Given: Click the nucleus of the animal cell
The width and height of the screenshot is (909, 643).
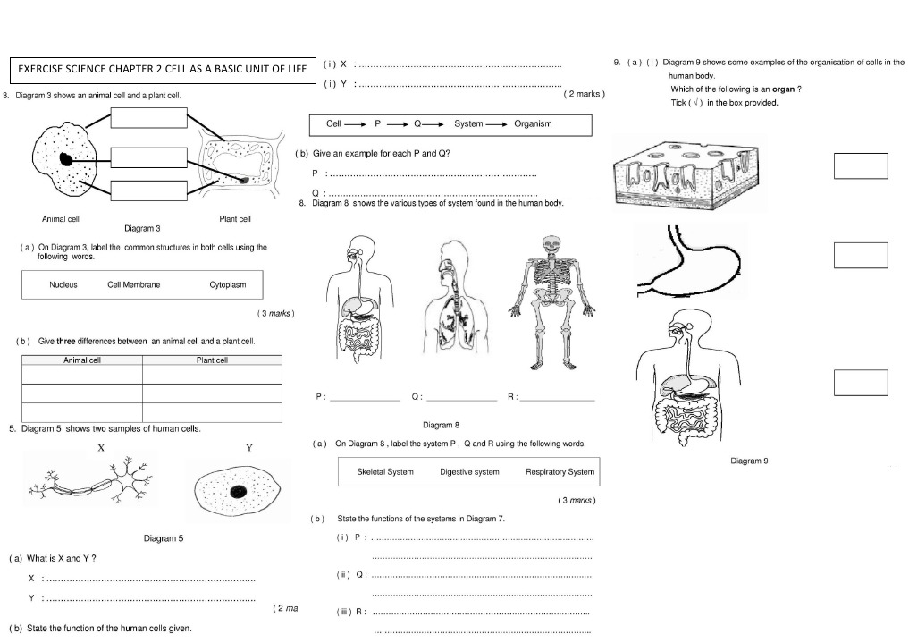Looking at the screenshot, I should point(67,160).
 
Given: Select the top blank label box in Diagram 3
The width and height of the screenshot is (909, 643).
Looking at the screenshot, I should point(149,119).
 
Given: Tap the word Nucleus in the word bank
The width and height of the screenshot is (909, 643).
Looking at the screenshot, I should point(63,285).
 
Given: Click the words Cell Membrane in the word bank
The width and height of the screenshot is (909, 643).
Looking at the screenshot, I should point(134,285).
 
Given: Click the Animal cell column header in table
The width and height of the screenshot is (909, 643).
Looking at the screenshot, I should point(82,360).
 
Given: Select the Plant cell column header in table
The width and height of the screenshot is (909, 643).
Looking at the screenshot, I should point(212,360).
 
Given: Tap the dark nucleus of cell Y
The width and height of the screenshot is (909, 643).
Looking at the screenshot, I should point(239,492).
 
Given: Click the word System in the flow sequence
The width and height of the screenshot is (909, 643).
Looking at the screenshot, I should point(468,124).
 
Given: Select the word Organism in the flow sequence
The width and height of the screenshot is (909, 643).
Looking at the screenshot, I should point(533,124).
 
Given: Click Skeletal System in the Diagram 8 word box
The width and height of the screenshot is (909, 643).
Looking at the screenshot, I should point(385,471).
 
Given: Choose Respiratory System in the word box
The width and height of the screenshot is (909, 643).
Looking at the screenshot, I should point(560,471).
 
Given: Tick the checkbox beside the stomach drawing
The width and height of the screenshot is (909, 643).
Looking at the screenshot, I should point(860,255).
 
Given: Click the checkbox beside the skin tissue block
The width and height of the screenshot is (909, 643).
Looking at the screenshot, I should point(860,165).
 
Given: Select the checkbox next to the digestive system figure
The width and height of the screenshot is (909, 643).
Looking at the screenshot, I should point(860,382).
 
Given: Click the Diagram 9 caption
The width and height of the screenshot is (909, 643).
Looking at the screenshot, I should point(749,461).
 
